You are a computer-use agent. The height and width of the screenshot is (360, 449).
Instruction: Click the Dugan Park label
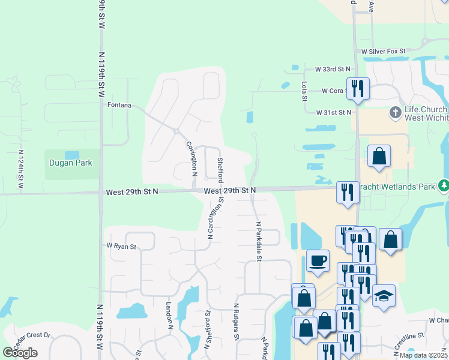[71, 163]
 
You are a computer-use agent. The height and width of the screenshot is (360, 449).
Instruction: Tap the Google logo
[20, 353]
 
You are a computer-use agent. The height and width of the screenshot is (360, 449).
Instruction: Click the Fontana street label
[119, 104]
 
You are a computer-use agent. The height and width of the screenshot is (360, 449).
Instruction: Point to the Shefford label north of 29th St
[220, 170]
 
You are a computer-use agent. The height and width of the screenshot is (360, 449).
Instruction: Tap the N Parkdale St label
[259, 241]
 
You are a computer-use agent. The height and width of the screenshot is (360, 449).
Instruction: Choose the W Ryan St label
[121, 246]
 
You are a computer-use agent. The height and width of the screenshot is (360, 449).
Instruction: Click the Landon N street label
[170, 315]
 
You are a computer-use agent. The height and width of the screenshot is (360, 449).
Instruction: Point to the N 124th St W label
[21, 170]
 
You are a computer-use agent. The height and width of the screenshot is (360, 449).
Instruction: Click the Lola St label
[304, 91]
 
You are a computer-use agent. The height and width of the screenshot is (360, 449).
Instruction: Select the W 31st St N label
[334, 112]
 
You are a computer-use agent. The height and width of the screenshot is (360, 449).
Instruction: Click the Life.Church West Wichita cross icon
[396, 112]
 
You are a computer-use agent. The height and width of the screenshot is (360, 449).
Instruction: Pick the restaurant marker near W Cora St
[358, 88]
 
